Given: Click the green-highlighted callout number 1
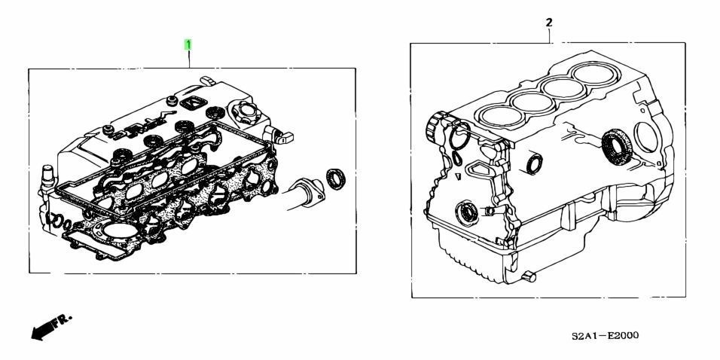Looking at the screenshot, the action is (188, 45).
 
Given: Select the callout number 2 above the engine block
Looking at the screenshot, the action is (549, 22).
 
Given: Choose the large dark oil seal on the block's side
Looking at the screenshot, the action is (616, 145).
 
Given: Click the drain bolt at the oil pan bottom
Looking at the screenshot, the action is (529, 276).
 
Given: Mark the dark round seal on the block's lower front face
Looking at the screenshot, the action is (467, 213).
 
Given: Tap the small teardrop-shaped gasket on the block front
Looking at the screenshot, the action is (458, 158).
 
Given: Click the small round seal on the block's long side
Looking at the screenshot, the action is (534, 164).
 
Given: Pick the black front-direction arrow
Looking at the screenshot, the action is (41, 331).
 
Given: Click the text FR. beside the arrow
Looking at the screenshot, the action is (62, 321).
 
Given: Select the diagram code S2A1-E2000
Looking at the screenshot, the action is (605, 336).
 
